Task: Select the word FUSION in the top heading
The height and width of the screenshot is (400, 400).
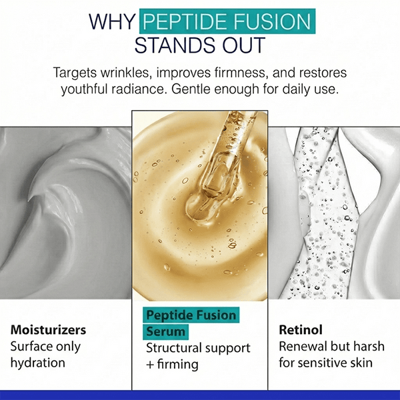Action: click(274, 21)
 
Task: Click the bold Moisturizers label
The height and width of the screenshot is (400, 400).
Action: click(48, 330)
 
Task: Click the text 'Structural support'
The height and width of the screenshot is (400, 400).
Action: click(198, 348)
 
